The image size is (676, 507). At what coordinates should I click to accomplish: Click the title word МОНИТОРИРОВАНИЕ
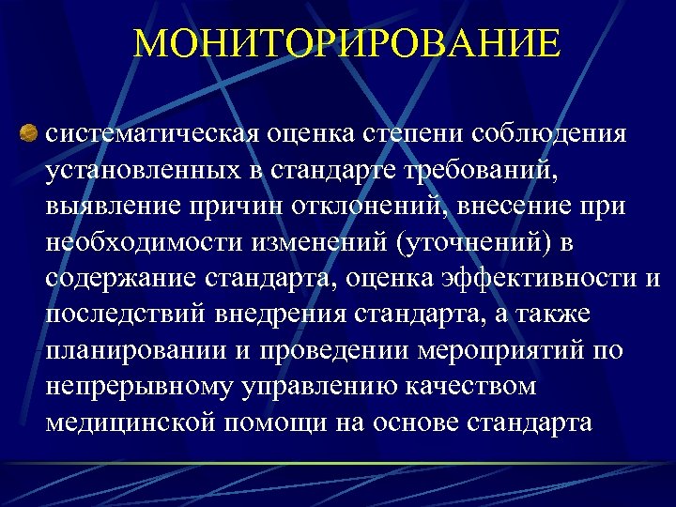click(x=346, y=44)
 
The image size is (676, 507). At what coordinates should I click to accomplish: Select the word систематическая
click(x=150, y=133)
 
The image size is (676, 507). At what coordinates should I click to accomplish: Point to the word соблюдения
click(x=551, y=133)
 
